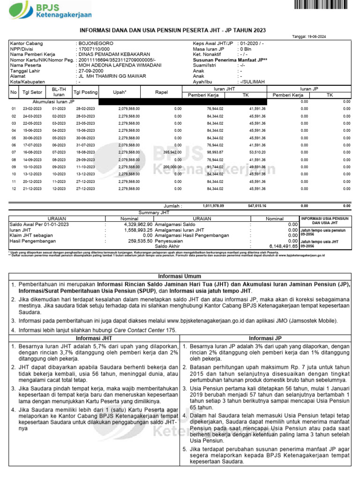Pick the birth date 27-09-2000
(x=92, y=71)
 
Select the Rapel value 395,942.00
(x=172, y=152)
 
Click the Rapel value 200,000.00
(x=172, y=167)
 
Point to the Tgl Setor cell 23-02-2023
(x=33, y=109)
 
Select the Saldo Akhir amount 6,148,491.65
(x=284, y=245)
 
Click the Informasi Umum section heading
(x=180, y=276)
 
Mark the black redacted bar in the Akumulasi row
(x=182, y=101)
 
